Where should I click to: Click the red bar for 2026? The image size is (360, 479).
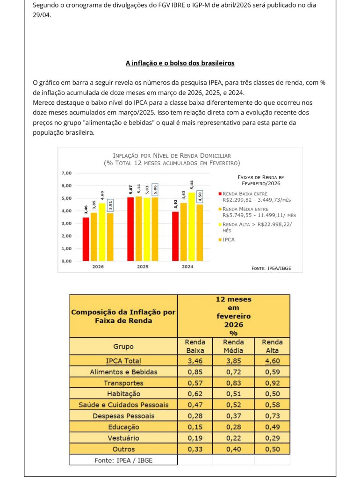pyautogui.click(x=86, y=239)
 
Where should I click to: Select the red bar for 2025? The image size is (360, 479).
pyautogui.click(x=130, y=229)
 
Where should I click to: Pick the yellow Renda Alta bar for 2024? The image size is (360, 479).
pyautogui.click(x=191, y=226)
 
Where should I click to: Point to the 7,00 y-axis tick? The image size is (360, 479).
pyautogui.click(x=66, y=173)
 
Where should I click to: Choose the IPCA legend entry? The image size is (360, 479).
pyautogui.click(x=229, y=239)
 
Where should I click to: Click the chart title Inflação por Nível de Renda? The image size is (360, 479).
pyautogui.click(x=172, y=155)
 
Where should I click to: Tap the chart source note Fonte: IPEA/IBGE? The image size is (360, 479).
pyautogui.click(x=271, y=268)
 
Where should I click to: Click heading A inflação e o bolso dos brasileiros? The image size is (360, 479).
pyautogui.click(x=180, y=63)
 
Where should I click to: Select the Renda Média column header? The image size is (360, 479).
pyautogui.click(x=233, y=346)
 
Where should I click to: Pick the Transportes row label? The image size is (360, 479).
pyautogui.click(x=123, y=383)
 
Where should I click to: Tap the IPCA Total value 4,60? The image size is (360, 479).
pyautogui.click(x=272, y=361)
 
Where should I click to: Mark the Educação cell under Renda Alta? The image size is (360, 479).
pyautogui.click(x=272, y=427)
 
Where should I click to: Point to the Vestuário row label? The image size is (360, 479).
pyautogui.click(x=123, y=438)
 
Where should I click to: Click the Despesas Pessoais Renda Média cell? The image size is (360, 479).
pyautogui.click(x=233, y=416)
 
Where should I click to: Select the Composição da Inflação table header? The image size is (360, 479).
pyautogui.click(x=123, y=316)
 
